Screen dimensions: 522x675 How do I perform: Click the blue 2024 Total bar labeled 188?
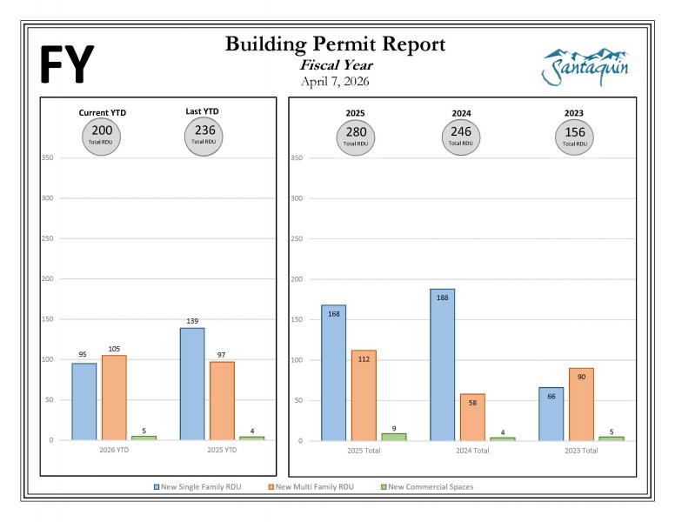[x=442, y=365]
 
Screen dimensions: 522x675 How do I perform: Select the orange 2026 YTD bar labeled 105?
[x=114, y=398]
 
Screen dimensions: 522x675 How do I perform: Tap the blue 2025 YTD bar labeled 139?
[x=192, y=384]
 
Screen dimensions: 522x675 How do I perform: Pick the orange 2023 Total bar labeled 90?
[x=581, y=404]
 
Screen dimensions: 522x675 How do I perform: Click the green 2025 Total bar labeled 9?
[x=394, y=437]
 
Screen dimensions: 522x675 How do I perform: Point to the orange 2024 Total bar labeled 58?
[x=472, y=417]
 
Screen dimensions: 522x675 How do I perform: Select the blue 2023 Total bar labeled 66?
[x=551, y=413]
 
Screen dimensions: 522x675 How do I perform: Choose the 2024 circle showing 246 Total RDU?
[x=461, y=136]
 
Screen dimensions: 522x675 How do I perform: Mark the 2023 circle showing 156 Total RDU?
[x=574, y=136]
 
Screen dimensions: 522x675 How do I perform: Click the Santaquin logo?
[x=585, y=67]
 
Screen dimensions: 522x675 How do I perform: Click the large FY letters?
[x=66, y=64]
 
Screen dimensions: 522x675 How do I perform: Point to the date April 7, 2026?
[x=335, y=82]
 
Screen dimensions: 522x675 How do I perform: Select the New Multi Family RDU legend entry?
[x=310, y=487]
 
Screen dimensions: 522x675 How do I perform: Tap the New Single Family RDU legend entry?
[x=197, y=487]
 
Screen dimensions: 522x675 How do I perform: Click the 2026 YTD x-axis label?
[x=114, y=452]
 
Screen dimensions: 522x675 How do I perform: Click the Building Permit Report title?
[x=335, y=44]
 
